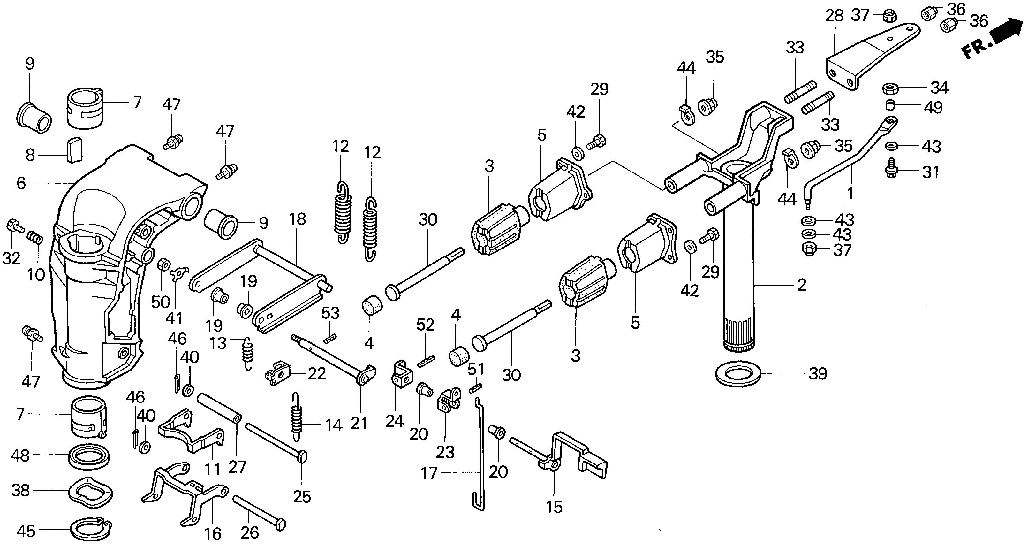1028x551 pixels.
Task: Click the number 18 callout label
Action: point(298,219)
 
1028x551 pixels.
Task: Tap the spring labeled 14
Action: point(296,417)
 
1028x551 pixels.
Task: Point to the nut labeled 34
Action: point(890,88)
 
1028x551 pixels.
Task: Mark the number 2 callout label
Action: point(802,285)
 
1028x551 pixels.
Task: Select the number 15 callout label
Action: point(554,507)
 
